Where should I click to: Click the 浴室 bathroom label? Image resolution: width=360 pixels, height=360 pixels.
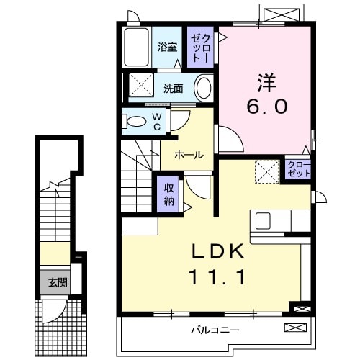pos(167,48)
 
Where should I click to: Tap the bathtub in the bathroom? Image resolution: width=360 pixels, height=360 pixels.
pos(135,47)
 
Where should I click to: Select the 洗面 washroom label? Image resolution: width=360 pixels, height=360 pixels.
pos(172,89)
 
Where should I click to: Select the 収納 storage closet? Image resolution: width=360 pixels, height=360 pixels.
pos(168,192)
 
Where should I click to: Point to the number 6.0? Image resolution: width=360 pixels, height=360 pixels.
pos(267,107)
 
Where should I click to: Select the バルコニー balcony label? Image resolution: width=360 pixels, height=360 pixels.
pos(215,330)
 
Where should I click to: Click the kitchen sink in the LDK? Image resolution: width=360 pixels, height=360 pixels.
pos(261,220)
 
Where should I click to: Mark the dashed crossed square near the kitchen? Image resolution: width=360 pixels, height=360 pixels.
pos(267,172)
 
